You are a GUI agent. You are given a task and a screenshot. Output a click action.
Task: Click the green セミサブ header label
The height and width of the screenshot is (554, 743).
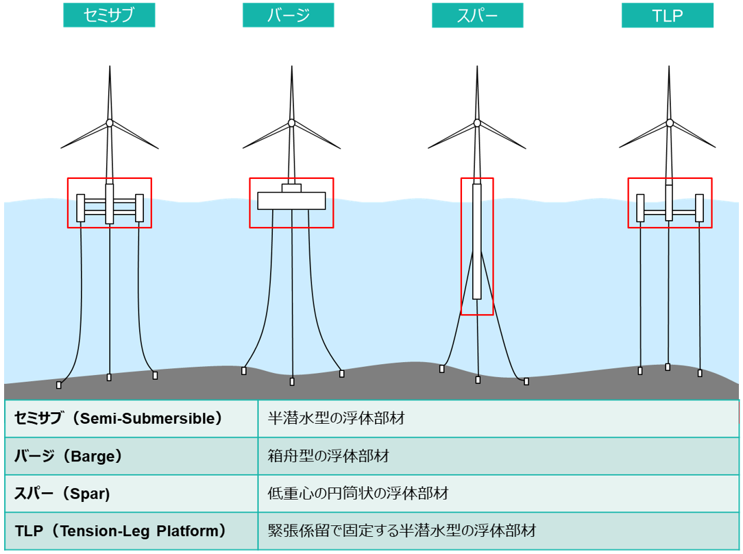click(x=109, y=15)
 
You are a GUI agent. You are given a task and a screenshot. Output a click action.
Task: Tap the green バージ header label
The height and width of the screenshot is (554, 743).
click(x=288, y=15)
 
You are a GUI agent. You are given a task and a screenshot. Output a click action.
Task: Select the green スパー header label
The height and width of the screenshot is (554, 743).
click(x=477, y=15)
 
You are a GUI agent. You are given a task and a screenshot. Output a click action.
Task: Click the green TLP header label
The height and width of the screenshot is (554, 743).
click(x=667, y=15)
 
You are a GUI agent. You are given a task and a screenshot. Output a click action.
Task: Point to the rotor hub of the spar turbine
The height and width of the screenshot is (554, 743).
click(x=477, y=123)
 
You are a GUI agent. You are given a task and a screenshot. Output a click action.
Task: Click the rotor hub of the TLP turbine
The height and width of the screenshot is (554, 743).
click(x=670, y=123)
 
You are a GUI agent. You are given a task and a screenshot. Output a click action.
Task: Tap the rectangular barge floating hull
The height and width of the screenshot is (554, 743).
click(x=291, y=200)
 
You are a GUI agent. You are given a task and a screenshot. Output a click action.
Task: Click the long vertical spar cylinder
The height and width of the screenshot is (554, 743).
click(x=476, y=241)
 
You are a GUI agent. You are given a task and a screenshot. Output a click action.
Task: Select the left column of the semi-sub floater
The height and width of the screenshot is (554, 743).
click(x=81, y=208)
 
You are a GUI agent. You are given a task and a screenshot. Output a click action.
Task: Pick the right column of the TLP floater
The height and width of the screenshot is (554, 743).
click(x=699, y=208)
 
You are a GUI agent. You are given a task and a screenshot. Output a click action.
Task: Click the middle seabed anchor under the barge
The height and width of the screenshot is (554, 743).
click(x=292, y=381)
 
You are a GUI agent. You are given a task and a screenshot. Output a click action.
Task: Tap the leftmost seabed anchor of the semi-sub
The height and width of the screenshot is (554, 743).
click(x=59, y=385)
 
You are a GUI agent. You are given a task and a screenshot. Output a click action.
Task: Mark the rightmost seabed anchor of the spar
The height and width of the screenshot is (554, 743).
click(x=526, y=381)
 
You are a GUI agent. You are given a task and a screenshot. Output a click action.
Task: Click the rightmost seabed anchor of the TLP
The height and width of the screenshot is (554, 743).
click(x=700, y=374)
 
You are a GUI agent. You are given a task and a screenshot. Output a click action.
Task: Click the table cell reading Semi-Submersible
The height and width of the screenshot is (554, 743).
click(x=131, y=418)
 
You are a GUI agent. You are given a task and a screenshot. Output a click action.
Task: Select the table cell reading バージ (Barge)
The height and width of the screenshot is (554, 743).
click(x=131, y=456)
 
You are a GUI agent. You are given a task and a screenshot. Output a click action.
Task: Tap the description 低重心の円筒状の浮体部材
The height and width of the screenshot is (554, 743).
click(x=358, y=494)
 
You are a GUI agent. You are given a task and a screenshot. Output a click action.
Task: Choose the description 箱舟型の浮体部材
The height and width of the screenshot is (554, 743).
click(x=328, y=456)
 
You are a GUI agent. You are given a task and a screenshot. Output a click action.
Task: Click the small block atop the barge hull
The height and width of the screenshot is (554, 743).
click(x=291, y=188)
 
